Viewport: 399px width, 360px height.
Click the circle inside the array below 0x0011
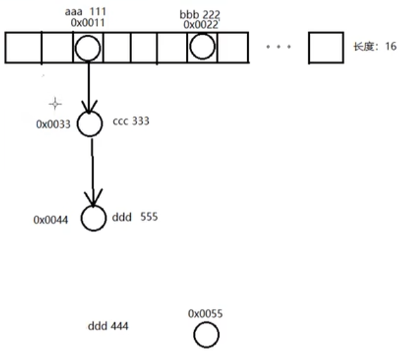[x=87, y=47]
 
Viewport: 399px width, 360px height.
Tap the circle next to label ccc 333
[x=90, y=124]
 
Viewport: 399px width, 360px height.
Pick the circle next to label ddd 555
[x=94, y=218]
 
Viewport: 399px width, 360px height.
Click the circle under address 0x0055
[x=206, y=335]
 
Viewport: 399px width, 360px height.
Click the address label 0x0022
[x=200, y=25]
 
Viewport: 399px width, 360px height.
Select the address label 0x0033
[x=53, y=124]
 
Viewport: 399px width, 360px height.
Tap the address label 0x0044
[x=51, y=220]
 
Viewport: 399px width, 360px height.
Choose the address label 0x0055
[x=206, y=313]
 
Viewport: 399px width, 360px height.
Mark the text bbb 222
[x=200, y=14]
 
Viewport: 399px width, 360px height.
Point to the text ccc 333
[x=131, y=121]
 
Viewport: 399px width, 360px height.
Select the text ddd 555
[x=134, y=217]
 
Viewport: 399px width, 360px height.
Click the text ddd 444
[x=108, y=326]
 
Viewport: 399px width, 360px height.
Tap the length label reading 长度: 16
[x=374, y=47]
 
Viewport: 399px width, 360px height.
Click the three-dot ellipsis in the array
[x=278, y=47]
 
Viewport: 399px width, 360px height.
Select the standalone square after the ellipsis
[x=326, y=47]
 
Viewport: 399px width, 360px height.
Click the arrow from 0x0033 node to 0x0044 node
[x=93, y=171]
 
